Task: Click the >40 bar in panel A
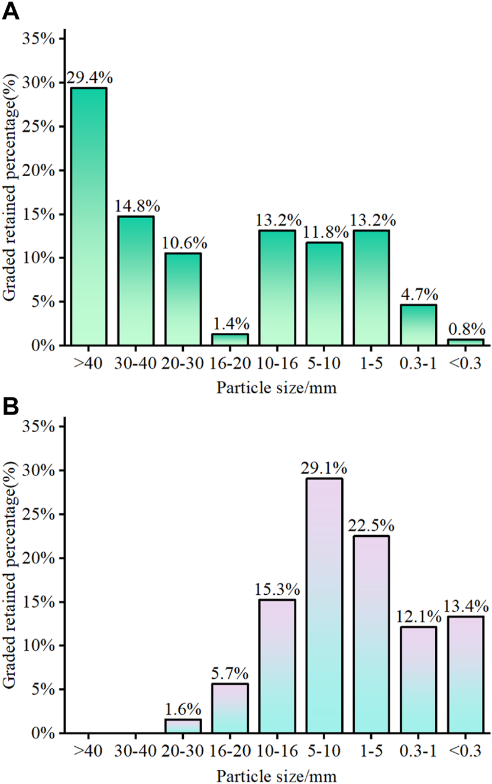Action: [89, 216]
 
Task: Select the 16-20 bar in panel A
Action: [230, 339]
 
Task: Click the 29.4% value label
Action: [89, 78]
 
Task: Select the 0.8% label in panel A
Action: [466, 329]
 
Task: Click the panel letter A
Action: [11, 11]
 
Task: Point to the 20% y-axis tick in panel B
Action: [40, 558]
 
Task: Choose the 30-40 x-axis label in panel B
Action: [136, 751]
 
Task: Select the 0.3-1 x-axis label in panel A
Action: [419, 364]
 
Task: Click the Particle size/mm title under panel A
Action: [277, 388]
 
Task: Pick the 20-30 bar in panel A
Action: [183, 299]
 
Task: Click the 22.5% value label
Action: [371, 526]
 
